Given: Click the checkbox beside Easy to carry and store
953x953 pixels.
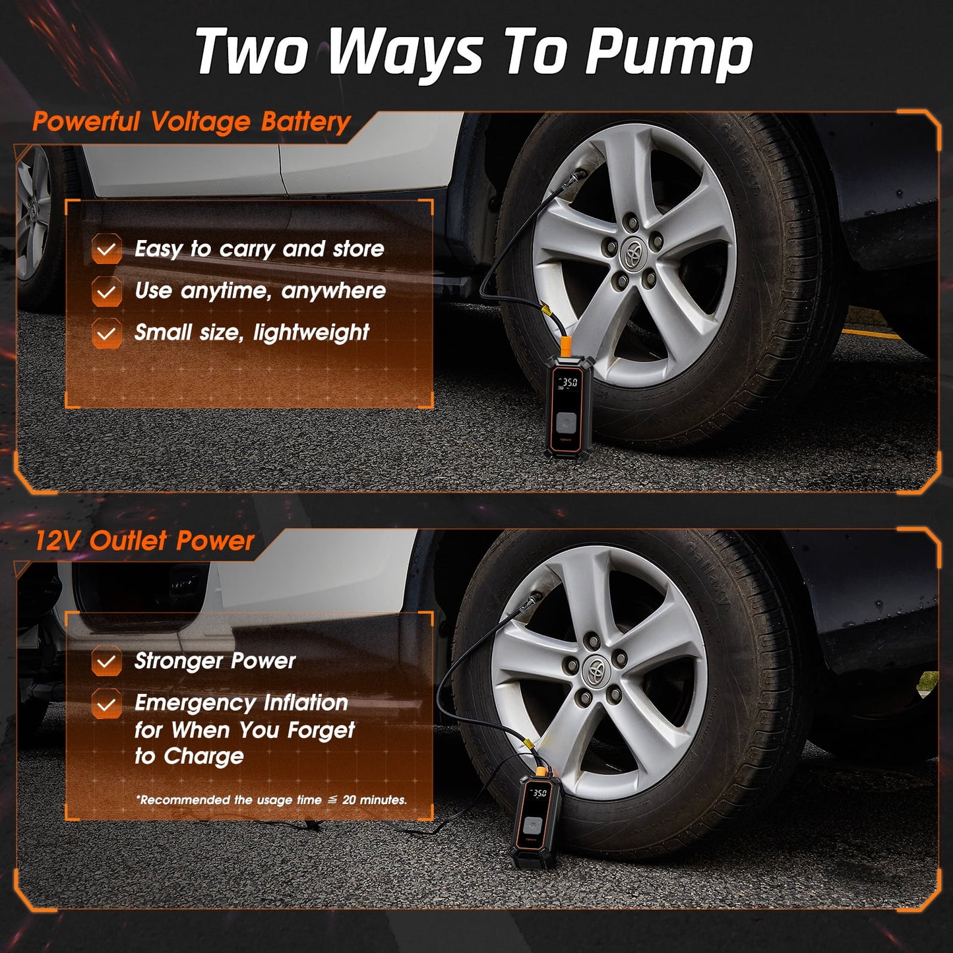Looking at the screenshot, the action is (106, 249).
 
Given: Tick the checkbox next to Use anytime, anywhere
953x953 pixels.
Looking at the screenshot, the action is (106, 292).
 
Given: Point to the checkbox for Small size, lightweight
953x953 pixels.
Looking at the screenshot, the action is (106, 333).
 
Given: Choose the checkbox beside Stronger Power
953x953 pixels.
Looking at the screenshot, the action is (106, 661).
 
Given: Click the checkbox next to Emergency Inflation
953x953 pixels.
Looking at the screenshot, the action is (106, 703).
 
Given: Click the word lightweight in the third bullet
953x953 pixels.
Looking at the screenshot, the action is (311, 333).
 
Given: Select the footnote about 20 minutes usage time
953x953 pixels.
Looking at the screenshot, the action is (272, 800).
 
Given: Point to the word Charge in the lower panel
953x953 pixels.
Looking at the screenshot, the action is (204, 756).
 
